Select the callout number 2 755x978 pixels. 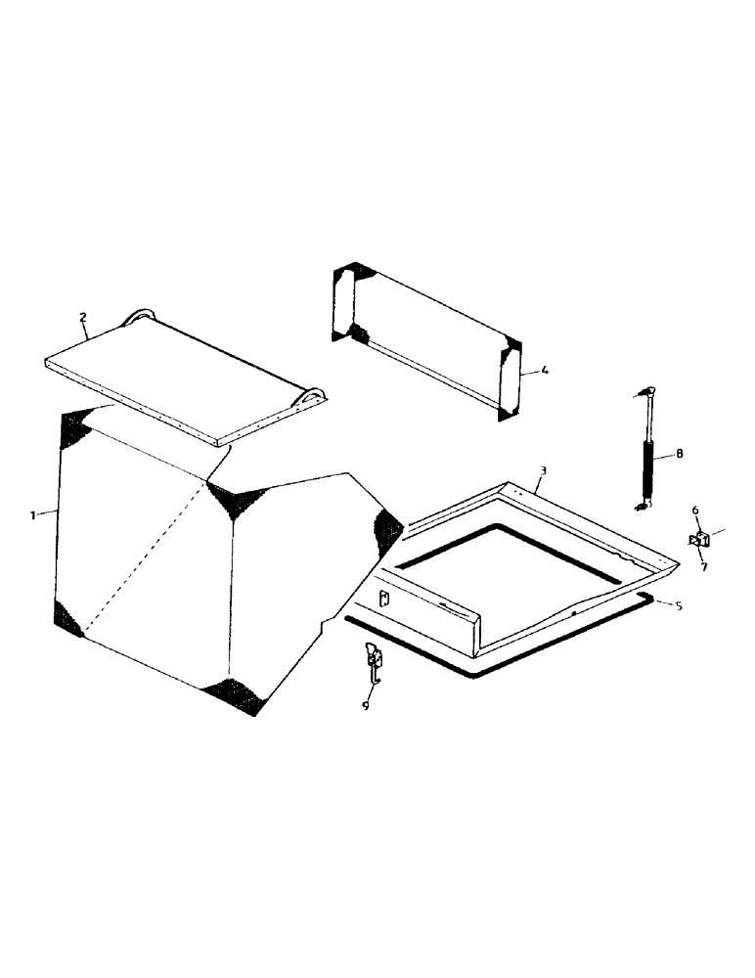83,317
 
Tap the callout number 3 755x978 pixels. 543,470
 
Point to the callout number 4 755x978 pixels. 545,370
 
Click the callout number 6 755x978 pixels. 695,510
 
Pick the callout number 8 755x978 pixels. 680,453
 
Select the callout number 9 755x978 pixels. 365,705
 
